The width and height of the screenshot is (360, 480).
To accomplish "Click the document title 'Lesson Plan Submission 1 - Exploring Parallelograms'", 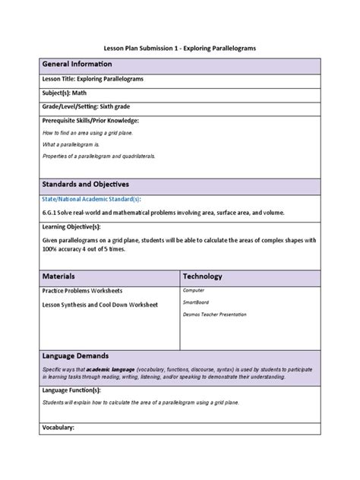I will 180,48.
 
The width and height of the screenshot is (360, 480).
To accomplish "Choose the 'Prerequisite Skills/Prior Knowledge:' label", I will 90,121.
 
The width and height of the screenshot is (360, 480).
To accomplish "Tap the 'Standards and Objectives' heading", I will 86,184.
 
